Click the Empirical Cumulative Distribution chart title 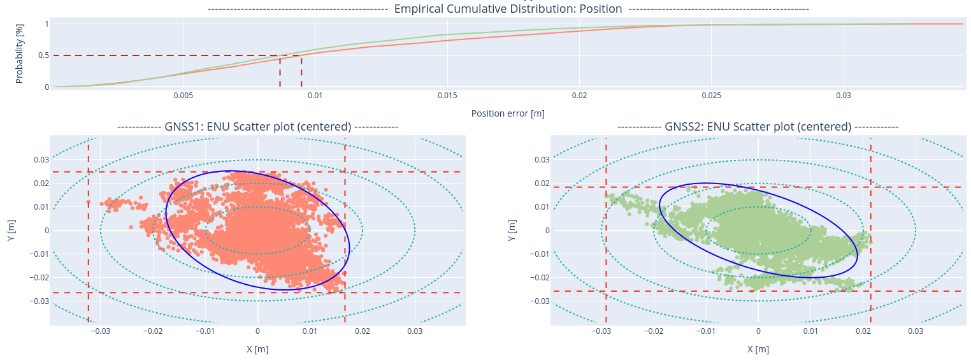(508, 9)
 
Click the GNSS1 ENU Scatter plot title (257, 127)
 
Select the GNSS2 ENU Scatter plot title (758, 127)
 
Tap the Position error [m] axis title (508, 113)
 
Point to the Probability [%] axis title (19, 55)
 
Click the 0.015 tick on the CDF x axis (447, 96)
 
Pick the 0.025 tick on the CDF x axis (711, 96)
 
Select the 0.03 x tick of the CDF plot (844, 96)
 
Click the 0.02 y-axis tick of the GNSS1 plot (41, 184)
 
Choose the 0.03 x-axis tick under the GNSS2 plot (915, 332)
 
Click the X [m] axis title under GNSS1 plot (257, 349)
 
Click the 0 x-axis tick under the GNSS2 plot (758, 332)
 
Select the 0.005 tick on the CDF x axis (183, 96)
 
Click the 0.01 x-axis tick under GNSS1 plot (310, 332)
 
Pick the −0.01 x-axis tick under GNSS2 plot (705, 332)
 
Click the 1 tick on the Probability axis (47, 24)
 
